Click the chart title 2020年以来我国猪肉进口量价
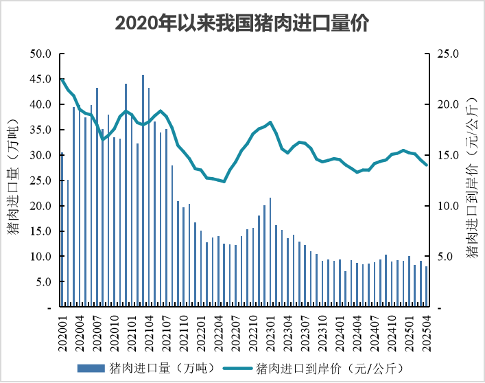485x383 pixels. [x=242, y=23]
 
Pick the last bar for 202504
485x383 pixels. [x=426, y=287]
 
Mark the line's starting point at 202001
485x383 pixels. [x=62, y=80]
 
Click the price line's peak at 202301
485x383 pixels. [x=270, y=122]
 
